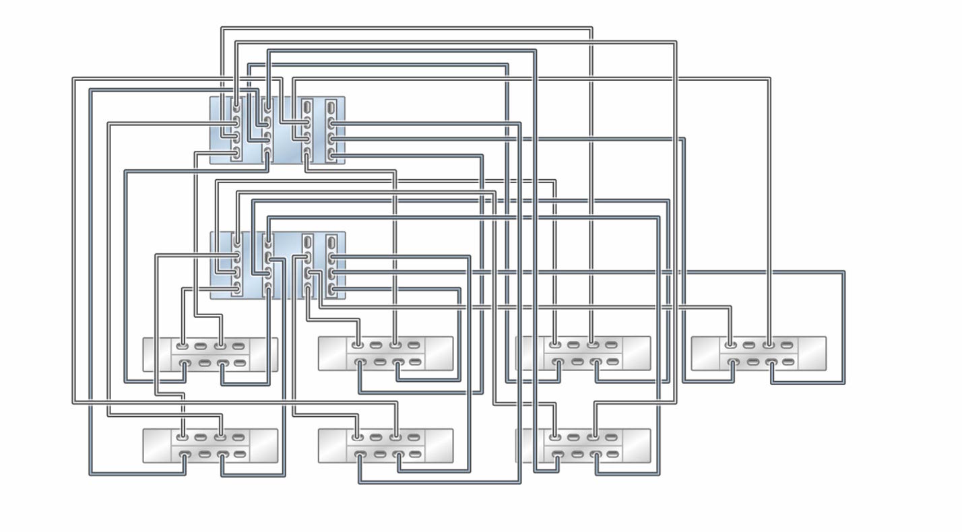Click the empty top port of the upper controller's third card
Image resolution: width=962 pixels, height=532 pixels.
tap(307, 106)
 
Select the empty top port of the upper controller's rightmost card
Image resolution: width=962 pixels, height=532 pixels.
tap(331, 106)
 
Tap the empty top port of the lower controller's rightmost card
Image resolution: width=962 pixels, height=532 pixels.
tap(331, 242)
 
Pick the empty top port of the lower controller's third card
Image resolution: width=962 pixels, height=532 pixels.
tap(307, 242)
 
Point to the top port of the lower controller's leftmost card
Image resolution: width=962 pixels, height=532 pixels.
tap(236, 241)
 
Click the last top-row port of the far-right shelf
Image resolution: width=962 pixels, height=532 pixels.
tap(787, 345)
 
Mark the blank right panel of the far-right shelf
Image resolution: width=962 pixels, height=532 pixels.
tap(812, 354)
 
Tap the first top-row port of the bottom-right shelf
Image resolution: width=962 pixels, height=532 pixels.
tap(554, 438)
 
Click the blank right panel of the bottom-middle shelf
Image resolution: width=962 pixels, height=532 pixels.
tap(439, 445)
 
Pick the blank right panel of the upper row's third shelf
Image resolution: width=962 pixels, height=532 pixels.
tap(637, 354)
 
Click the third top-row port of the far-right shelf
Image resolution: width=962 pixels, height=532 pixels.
tap(768, 345)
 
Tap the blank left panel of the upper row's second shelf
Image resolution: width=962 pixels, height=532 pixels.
tap(332, 354)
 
